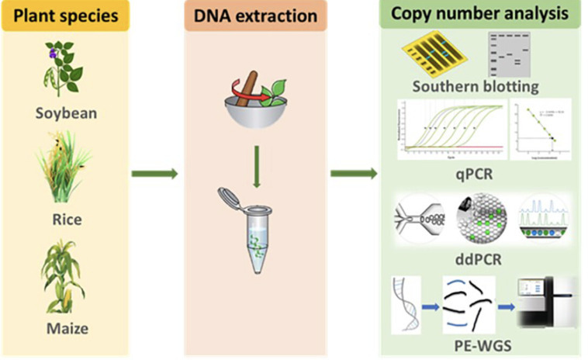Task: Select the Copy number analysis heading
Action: (x=480, y=13)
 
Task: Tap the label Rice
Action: (x=66, y=220)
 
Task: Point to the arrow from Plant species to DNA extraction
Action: (x=154, y=172)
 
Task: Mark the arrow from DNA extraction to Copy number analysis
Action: (x=353, y=172)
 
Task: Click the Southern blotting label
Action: (x=476, y=86)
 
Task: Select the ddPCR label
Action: (x=476, y=258)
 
